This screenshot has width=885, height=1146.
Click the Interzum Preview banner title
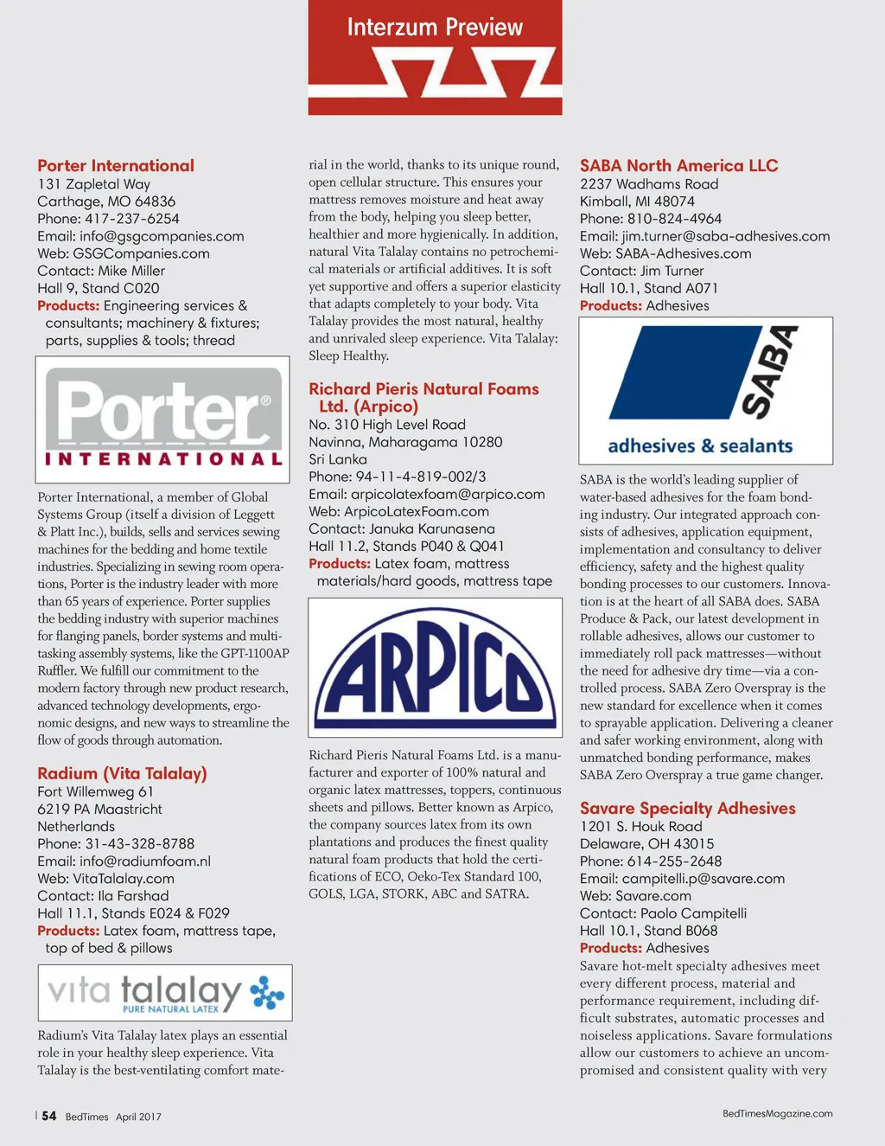pos(435,28)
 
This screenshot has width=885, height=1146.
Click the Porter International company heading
pos(116,165)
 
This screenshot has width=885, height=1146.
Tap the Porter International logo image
pos(162,419)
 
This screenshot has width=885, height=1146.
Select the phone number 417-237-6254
pos(132,219)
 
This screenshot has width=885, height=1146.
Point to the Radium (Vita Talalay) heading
pos(122,773)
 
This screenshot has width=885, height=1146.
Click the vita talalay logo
pos(165,993)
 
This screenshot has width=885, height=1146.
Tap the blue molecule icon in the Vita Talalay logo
pos(267,993)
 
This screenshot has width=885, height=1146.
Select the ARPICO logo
pos(435,667)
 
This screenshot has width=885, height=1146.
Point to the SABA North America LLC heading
pos(678,165)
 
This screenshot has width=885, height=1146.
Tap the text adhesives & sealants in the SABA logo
pos(700,446)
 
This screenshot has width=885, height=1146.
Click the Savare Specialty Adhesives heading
pos(687,808)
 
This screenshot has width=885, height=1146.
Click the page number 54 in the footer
pos(49,1116)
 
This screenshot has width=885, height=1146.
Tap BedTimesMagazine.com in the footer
pos(777,1114)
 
